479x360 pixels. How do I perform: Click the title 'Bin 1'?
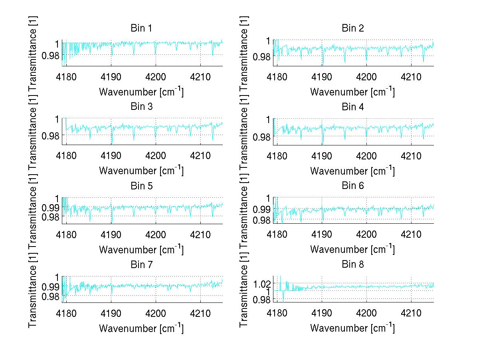141,28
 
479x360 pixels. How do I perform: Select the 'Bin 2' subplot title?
353,28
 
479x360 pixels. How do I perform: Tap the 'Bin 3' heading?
141,107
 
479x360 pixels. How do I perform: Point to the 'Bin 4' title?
353,107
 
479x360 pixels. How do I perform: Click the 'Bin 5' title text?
141,186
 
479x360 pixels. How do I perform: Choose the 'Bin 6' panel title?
353,186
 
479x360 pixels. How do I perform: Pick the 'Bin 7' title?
141,265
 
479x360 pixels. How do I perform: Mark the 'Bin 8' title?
353,265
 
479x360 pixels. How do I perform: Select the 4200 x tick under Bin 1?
156,77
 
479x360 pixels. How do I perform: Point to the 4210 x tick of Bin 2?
412,77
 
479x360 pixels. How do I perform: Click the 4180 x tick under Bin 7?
66,313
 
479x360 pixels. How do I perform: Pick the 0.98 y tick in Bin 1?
50,56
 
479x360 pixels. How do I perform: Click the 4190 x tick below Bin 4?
322,155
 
